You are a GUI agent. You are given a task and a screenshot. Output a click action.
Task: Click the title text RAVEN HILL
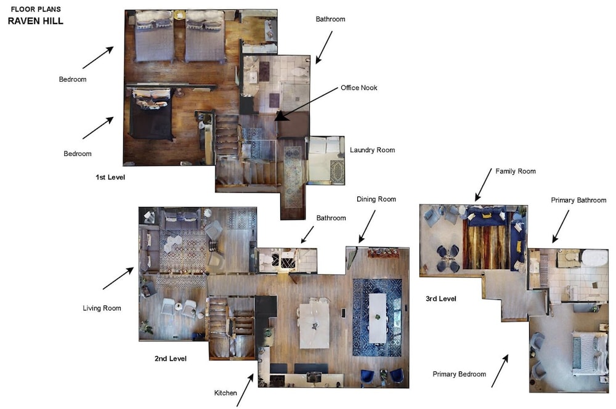35,21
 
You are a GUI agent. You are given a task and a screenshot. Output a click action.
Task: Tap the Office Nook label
359,87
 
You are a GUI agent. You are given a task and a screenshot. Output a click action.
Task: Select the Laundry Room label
372,150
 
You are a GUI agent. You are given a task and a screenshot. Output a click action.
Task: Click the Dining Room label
376,199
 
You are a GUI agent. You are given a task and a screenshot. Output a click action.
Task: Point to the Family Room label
516,171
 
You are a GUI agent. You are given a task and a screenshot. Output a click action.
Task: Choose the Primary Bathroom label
578,200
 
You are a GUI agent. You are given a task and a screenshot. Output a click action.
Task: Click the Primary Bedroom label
460,374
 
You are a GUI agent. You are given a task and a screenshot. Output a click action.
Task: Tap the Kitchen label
225,393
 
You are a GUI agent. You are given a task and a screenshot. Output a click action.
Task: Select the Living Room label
102,309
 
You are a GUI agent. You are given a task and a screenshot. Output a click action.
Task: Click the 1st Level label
110,177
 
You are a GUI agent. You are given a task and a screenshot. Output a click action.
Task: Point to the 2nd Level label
171,358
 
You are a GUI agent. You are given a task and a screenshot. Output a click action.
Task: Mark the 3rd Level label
441,299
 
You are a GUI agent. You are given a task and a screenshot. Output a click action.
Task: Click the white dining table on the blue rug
378,317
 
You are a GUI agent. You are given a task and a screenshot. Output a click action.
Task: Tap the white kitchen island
314,325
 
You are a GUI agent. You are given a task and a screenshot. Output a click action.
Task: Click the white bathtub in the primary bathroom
595,259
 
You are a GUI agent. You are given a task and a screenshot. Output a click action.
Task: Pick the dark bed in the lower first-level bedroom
151,115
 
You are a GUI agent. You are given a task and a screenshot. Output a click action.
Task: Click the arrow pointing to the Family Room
483,185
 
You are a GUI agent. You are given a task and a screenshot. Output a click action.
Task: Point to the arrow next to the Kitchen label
245,390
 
